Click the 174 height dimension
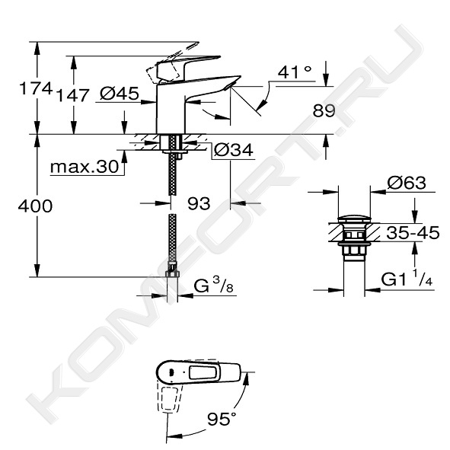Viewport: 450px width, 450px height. (x=36, y=88)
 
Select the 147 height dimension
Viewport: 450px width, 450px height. (x=72, y=96)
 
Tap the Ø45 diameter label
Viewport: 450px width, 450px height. (x=120, y=93)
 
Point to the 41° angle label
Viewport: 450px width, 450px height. (x=295, y=72)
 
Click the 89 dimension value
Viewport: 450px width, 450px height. (x=324, y=110)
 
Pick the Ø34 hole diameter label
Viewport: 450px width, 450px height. (x=234, y=150)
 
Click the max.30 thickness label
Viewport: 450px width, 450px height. (x=85, y=167)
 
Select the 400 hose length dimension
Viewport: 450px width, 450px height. (x=35, y=206)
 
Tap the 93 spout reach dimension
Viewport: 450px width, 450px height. (x=199, y=204)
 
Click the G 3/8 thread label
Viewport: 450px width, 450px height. (x=213, y=286)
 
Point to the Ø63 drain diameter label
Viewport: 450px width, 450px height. (x=407, y=183)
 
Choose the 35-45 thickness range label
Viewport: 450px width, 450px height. (x=413, y=233)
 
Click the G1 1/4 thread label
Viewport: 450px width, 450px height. (x=407, y=279)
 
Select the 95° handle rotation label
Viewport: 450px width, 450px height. (x=222, y=420)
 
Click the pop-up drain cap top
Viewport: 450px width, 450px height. (x=354, y=219)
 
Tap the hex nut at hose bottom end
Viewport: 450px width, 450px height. (x=173, y=274)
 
